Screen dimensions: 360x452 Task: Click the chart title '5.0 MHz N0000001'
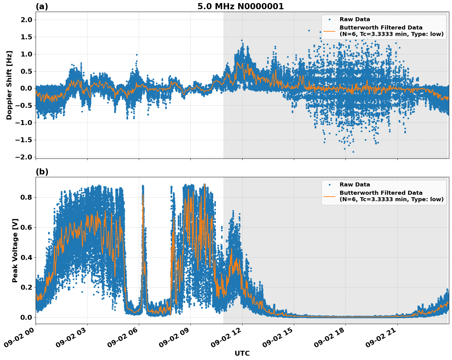(x=240, y=6)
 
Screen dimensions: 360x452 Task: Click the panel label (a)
(x=42, y=6)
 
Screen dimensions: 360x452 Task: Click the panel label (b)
(x=42, y=172)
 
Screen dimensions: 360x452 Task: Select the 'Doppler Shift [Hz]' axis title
(x=9, y=85)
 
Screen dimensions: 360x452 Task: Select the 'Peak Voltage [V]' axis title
(x=15, y=250)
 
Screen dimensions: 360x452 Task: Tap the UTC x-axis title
(x=242, y=353)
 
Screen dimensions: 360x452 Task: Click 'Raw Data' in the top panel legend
(x=355, y=19)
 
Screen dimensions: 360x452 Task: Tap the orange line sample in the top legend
(x=329, y=31)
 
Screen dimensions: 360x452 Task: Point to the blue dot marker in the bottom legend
(x=329, y=185)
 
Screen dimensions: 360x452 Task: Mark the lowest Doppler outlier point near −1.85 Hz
(x=353, y=152)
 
